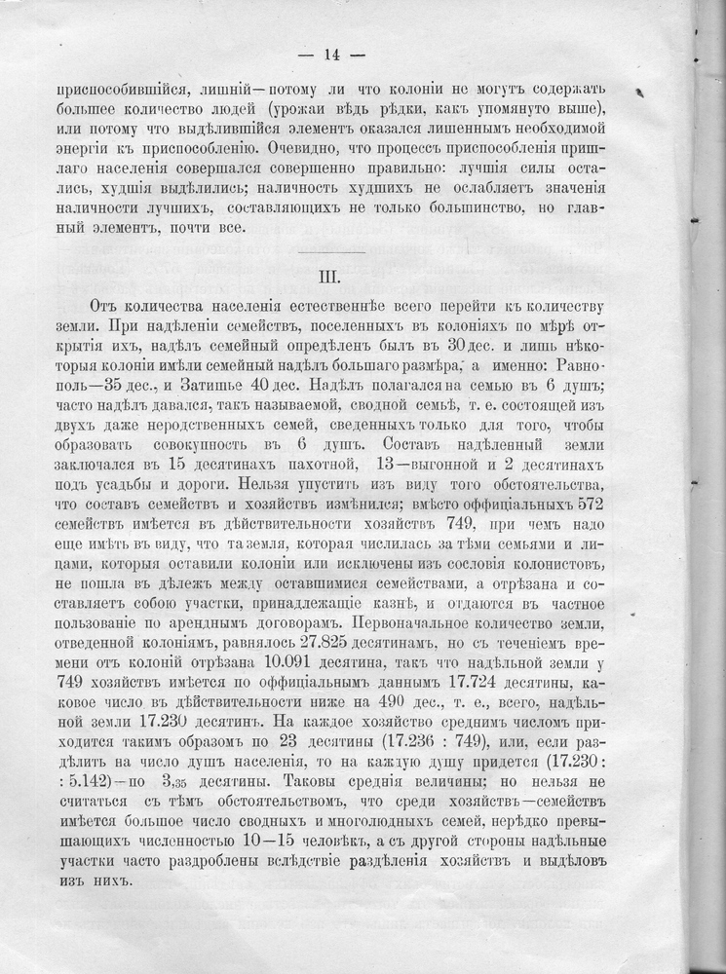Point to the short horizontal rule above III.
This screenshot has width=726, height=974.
point(331,251)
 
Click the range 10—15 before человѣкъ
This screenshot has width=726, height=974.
point(288,843)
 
